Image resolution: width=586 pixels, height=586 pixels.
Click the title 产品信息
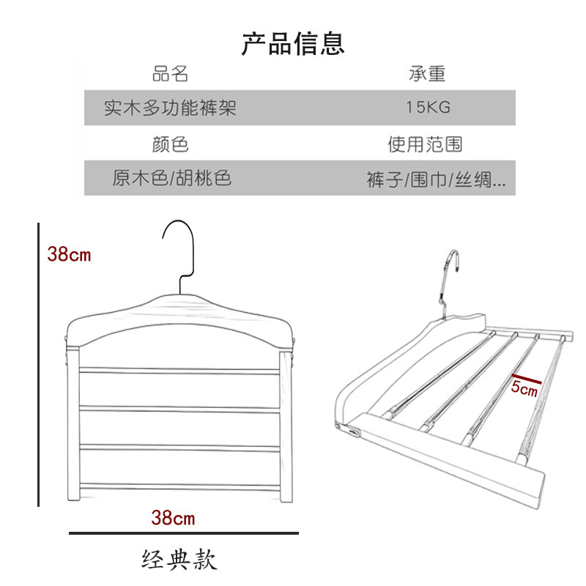coord(292,44)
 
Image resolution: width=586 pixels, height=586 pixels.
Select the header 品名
coord(170,74)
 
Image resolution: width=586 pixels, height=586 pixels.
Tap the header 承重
coord(427,74)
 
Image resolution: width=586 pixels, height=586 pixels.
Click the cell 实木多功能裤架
coord(170,108)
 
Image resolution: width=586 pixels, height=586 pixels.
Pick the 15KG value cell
coord(429,108)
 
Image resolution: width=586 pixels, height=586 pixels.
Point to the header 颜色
coord(170,144)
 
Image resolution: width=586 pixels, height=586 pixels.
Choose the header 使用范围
coord(426,144)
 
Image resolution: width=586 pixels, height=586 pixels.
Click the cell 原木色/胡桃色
coord(172,178)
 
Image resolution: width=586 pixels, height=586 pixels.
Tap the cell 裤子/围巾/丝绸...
coord(436,180)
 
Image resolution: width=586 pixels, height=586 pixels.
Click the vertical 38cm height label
coord(69,254)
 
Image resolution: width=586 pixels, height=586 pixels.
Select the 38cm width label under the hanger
coord(173,518)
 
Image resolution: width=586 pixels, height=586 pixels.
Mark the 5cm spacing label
coord(524,389)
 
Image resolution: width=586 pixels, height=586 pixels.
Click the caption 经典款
coord(179,560)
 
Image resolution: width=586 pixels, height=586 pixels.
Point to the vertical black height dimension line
coord(38,365)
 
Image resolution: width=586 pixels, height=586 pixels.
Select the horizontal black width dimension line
coord(184,533)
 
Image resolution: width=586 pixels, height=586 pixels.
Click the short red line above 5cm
coord(527,379)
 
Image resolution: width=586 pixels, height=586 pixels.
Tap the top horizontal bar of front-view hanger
coord(179,371)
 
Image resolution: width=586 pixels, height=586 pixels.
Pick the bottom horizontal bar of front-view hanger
coord(179,487)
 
